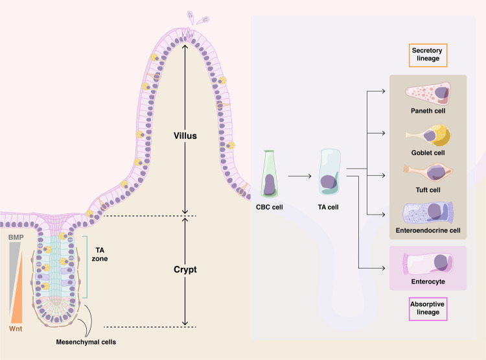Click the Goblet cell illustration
tap(428, 135)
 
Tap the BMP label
tap(16, 238)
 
